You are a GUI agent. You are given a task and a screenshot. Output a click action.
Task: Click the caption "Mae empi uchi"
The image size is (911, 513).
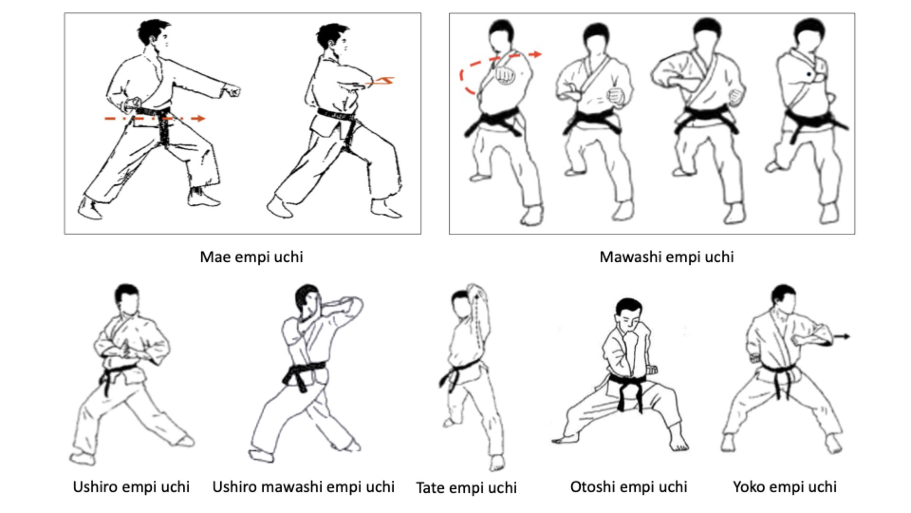251,257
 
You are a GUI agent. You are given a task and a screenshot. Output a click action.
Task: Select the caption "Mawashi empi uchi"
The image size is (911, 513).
666,257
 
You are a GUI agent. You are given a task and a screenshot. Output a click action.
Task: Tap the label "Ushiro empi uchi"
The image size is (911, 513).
131,487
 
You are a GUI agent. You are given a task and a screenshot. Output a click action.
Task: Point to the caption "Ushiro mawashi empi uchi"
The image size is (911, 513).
303,487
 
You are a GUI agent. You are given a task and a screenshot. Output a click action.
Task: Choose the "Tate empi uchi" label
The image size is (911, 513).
466,488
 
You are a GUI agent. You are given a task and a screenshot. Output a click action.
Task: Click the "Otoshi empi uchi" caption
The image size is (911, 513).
629,487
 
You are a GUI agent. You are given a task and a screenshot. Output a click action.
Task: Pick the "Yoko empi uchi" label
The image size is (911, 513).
785,487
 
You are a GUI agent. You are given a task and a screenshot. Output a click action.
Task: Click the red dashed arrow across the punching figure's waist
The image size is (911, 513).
155,118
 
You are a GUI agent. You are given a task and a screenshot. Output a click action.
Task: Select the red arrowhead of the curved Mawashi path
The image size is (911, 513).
536,54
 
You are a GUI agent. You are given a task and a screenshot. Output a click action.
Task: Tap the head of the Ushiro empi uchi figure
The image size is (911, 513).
127,299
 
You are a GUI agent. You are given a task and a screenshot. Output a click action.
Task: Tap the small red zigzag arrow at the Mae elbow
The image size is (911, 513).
381,81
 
